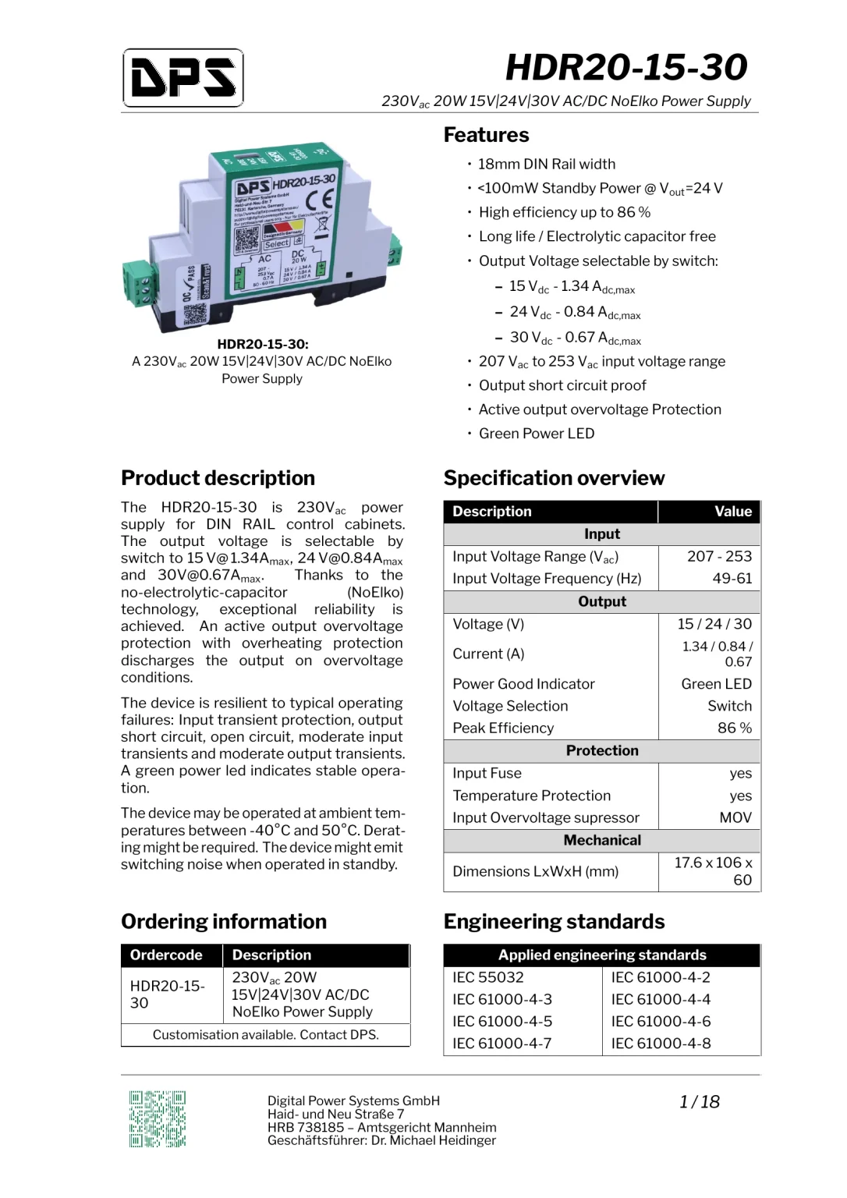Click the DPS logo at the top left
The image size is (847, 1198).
[x=183, y=78]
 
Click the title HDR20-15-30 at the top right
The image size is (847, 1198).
[x=626, y=67]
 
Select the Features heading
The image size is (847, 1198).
[x=486, y=135]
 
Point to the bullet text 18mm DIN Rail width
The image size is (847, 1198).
[x=546, y=164]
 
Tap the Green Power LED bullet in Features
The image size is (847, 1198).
[x=536, y=434]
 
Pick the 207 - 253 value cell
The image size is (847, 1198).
[x=719, y=556]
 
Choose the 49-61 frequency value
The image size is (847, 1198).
[x=732, y=578]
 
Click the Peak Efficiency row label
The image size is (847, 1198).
[x=503, y=728]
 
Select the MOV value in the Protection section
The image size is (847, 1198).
[x=735, y=817]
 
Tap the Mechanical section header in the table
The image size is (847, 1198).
[x=602, y=840]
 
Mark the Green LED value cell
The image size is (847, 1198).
[x=716, y=683]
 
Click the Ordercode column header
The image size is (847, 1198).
[x=166, y=955]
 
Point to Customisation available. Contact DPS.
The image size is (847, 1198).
[x=265, y=1034]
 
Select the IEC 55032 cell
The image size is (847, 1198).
[x=488, y=977]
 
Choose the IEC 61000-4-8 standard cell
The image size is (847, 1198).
[x=661, y=1043]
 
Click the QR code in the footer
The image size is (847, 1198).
[x=158, y=1118]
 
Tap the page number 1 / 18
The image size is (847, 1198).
[x=699, y=1101]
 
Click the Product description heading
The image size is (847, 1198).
[x=218, y=478]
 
